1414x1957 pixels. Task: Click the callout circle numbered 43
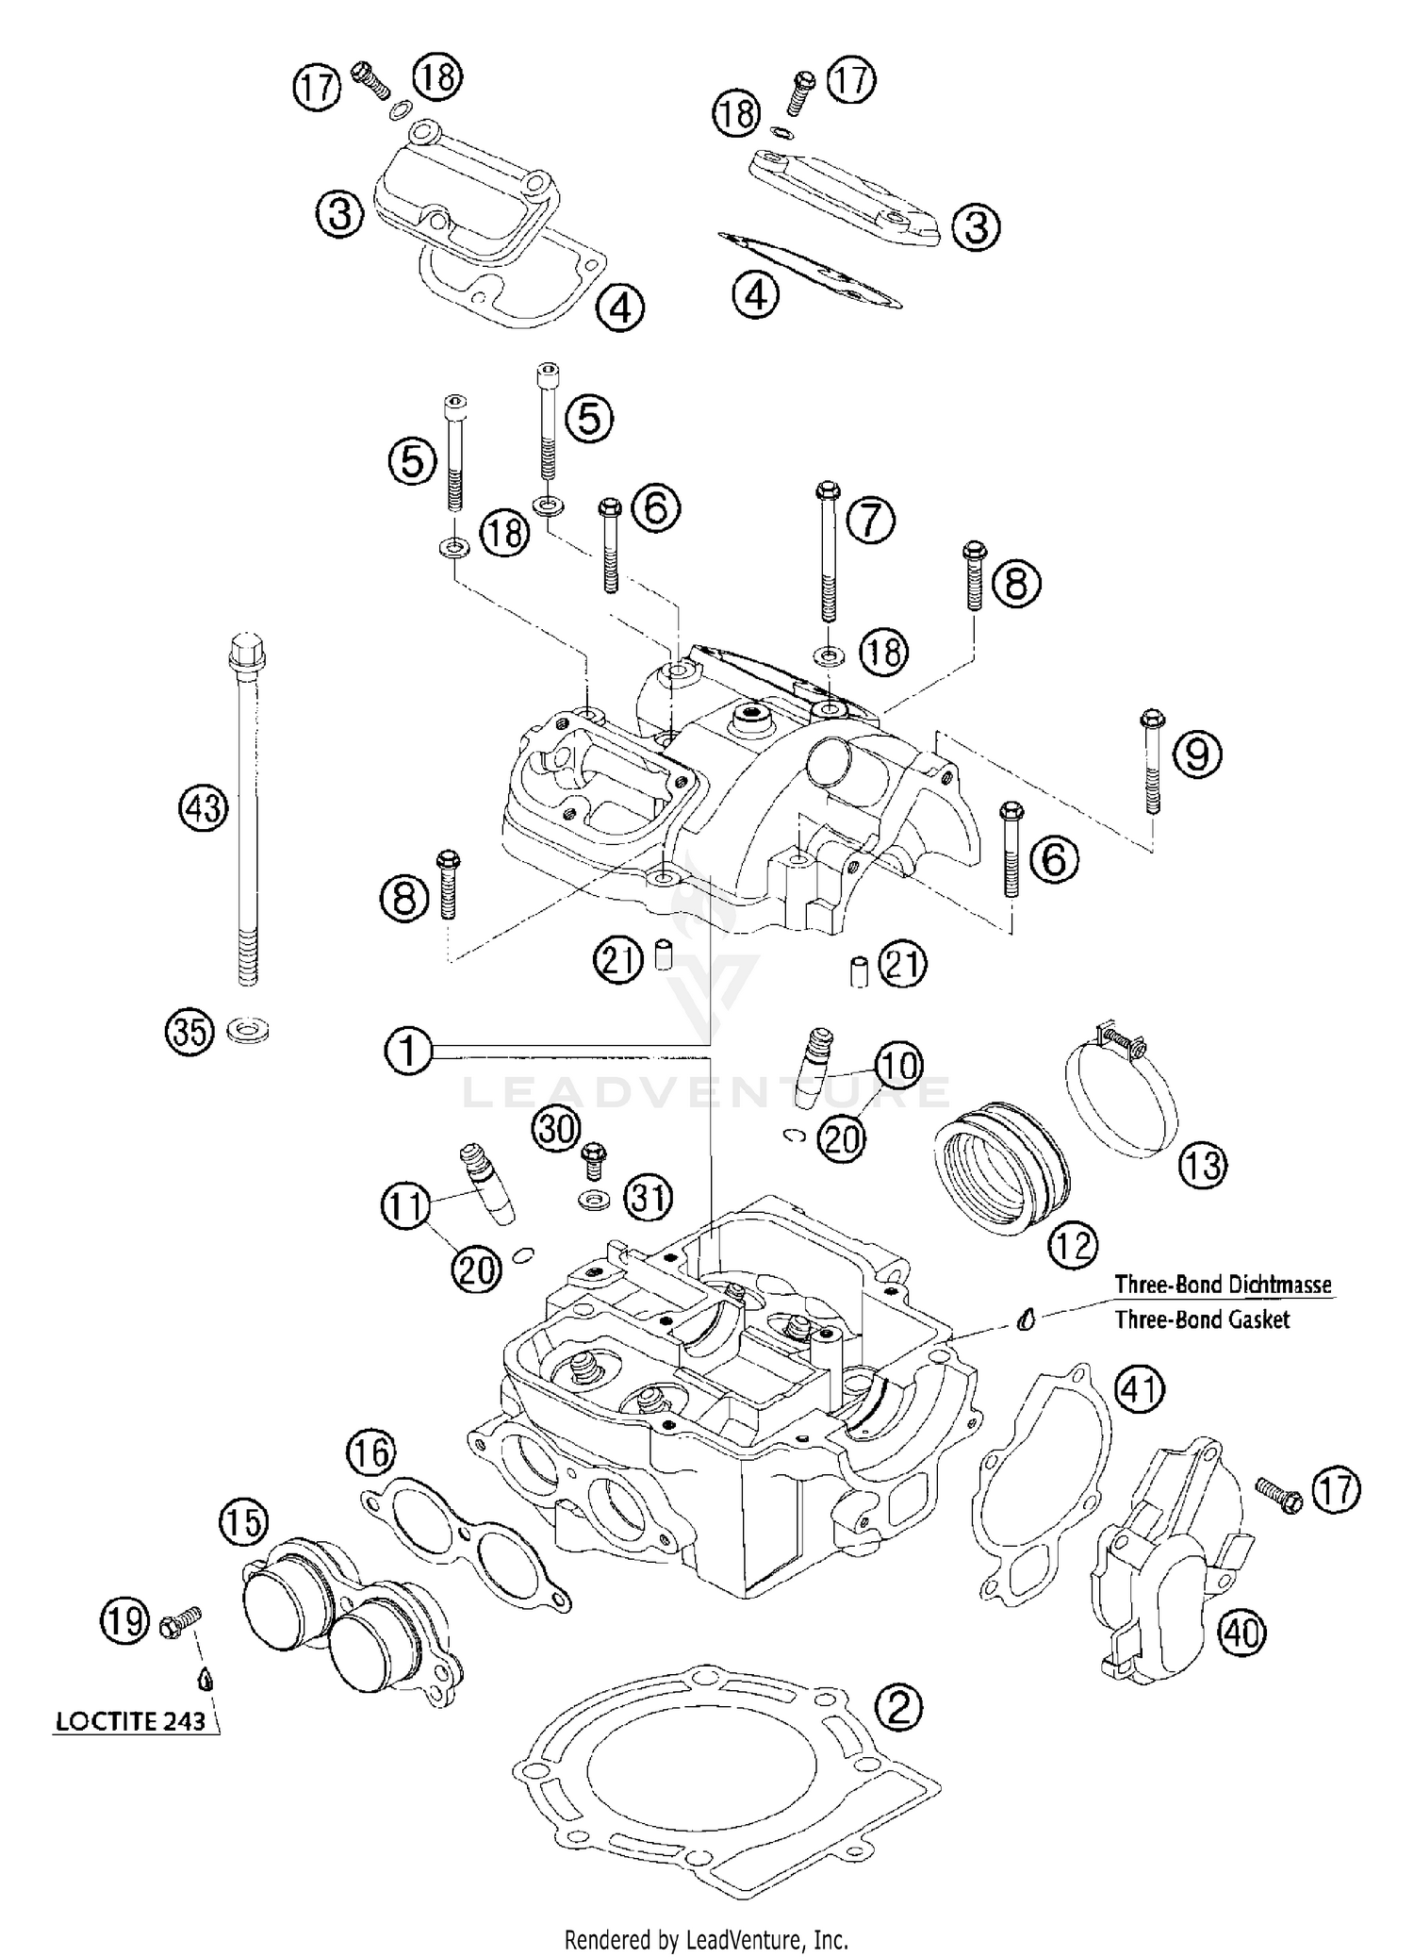point(204,808)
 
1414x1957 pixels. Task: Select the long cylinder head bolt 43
point(245,811)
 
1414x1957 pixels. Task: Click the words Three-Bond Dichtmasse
point(1223,1284)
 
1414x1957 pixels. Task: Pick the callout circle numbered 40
point(1241,1632)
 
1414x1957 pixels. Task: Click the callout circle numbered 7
point(870,520)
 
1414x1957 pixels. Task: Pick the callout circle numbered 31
point(649,1198)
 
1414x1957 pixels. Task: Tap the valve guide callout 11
point(406,1205)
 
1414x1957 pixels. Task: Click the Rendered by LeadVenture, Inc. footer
point(706,1932)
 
